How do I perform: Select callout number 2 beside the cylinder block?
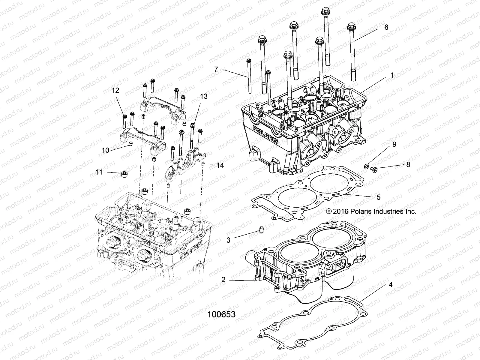[223, 280]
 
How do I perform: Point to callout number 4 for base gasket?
[390, 285]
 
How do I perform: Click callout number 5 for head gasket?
[378, 197]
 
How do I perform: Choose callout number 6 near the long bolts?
[386, 27]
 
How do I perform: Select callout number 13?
[204, 96]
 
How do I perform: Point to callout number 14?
[220, 165]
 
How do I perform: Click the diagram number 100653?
[222, 314]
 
